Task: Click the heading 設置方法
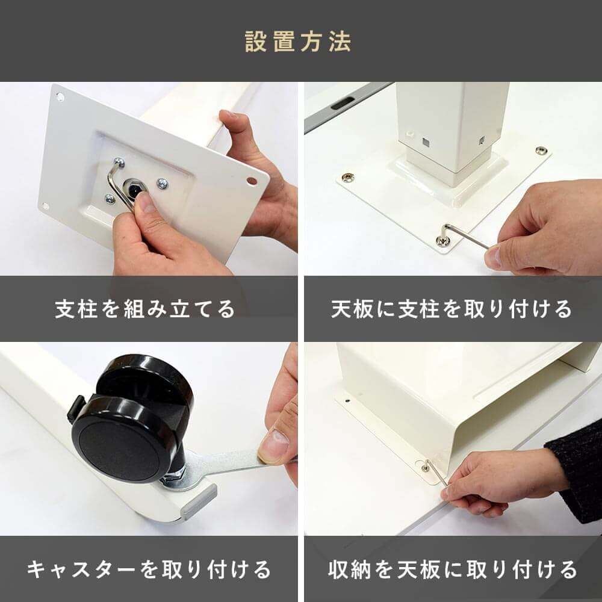coord(298,42)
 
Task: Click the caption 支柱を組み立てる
coord(144,309)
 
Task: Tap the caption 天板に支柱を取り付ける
coord(451,309)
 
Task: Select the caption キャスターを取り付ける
coord(149,569)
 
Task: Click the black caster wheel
coord(132,418)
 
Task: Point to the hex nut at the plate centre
coord(133,188)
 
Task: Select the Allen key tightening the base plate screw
coord(465,234)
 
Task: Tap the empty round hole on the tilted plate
coord(252,180)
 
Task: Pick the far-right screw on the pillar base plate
coord(541,150)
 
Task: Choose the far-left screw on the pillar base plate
coord(348,178)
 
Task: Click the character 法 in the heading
coord(340,42)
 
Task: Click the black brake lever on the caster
coord(75,408)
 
